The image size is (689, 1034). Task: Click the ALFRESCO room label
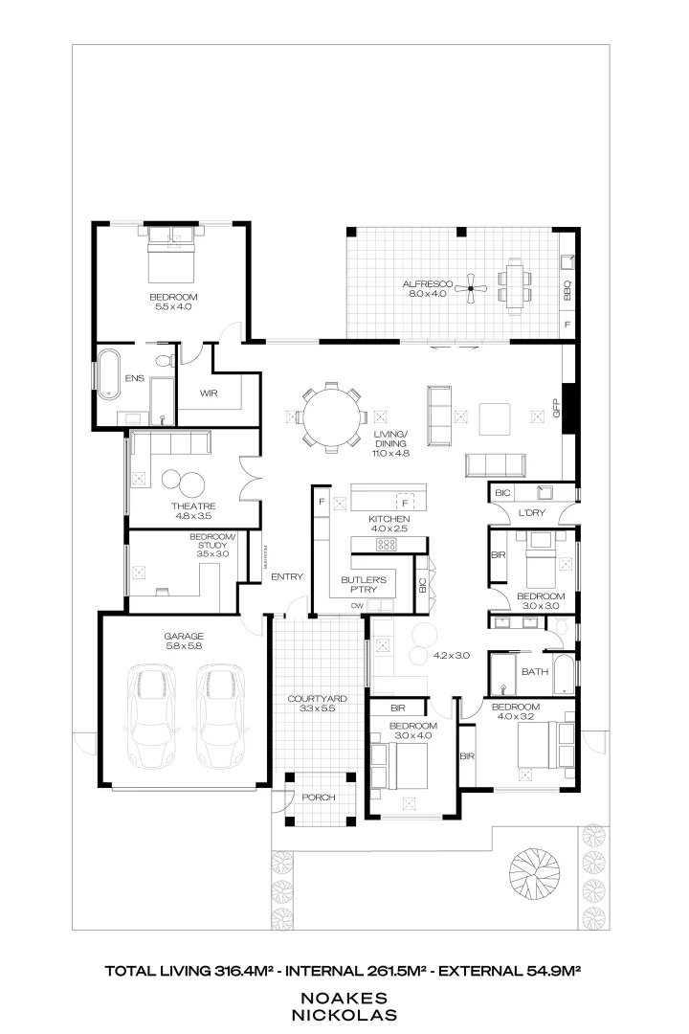click(419, 284)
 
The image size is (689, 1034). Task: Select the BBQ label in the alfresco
click(567, 289)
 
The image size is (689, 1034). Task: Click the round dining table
click(330, 416)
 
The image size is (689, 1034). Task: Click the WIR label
click(210, 393)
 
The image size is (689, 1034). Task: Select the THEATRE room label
click(193, 506)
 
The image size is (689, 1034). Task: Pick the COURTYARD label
click(317, 699)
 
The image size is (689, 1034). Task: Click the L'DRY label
click(531, 515)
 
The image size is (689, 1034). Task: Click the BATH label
click(534, 671)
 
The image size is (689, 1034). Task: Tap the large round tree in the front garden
click(534, 872)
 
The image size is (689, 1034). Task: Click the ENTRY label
click(287, 576)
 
